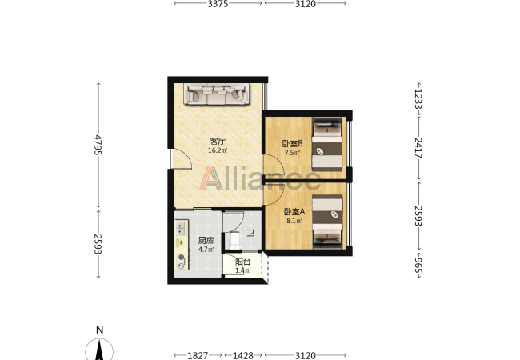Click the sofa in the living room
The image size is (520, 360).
[217, 94]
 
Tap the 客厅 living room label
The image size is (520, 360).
[218, 142]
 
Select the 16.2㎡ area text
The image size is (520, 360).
[218, 150]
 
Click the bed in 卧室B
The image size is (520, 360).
[327, 145]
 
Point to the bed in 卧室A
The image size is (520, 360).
[327, 222]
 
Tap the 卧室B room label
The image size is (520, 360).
[292, 143]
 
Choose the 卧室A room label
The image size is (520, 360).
[294, 211]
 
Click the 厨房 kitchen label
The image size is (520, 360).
[206, 240]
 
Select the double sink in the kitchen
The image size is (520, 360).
[181, 228]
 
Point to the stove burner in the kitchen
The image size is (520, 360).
[182, 257]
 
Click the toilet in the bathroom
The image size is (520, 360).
[234, 240]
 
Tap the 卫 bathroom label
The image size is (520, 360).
[250, 233]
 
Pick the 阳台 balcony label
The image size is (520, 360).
[242, 262]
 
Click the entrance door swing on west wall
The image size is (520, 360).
[181, 159]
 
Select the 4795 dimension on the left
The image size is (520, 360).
[98, 145]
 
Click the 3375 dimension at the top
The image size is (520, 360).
[218, 4]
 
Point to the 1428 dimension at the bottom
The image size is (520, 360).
[242, 356]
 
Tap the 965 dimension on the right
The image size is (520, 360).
[418, 267]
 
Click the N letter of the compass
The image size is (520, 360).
[99, 330]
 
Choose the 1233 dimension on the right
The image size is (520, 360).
[418, 98]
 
